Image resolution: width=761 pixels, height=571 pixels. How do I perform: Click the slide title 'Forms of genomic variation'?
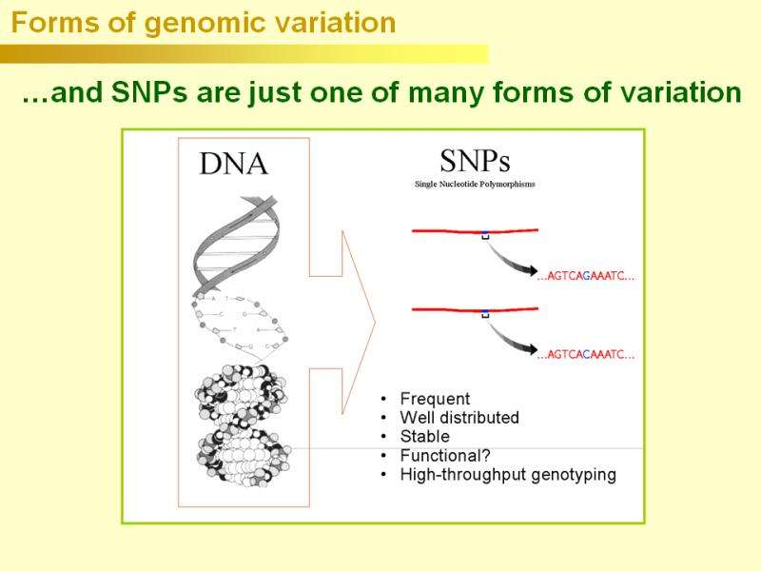(x=204, y=24)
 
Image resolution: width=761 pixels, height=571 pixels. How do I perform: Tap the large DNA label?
(x=233, y=165)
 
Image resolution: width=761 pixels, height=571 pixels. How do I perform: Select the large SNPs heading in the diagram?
(x=475, y=159)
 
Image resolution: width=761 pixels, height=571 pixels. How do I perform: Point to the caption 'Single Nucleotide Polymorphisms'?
(x=475, y=184)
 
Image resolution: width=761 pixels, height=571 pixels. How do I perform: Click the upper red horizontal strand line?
(x=447, y=231)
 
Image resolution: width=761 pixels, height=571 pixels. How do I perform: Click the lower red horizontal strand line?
(x=447, y=308)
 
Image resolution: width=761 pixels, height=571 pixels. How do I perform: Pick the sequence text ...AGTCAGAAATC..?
(x=586, y=277)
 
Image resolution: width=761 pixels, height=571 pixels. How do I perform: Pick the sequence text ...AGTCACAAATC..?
(x=586, y=355)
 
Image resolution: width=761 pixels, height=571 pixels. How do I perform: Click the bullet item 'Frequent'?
(x=435, y=399)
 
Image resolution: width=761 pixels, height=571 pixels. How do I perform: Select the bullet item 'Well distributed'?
(x=459, y=418)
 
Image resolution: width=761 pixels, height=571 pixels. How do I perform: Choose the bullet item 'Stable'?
(x=424, y=437)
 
